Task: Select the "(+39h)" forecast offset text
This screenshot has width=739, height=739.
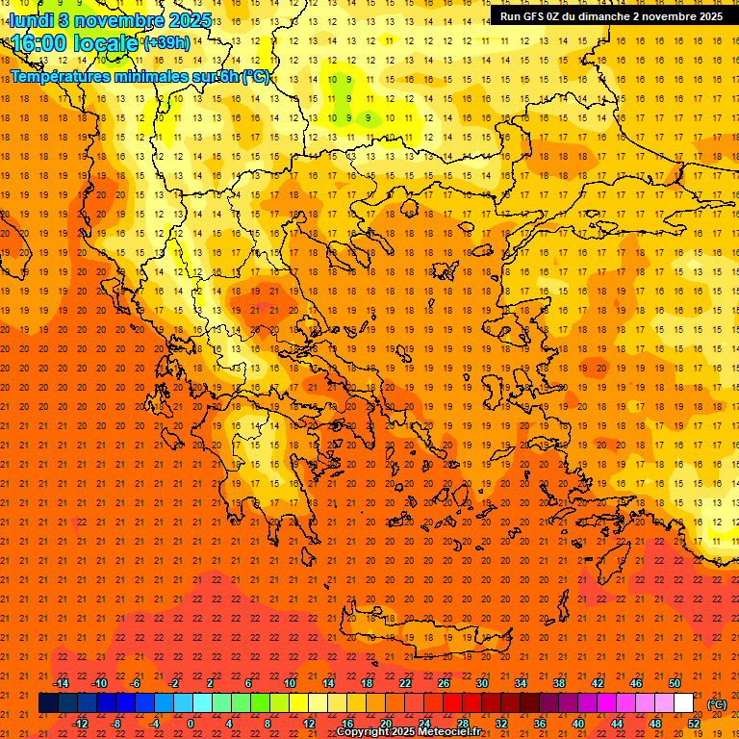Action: tap(166, 43)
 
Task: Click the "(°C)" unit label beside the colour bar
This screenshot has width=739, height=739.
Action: tap(717, 703)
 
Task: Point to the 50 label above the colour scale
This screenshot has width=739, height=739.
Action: tap(675, 683)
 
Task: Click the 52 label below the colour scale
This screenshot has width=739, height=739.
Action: tap(694, 723)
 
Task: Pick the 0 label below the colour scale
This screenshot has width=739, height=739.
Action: tap(191, 723)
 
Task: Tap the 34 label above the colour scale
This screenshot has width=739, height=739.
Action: tap(521, 683)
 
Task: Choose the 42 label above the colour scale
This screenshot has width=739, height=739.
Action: tap(598, 683)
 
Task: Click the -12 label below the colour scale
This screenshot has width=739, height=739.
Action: tap(80, 723)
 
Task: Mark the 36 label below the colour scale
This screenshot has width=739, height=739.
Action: tap(540, 723)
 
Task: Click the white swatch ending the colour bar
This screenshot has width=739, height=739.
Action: tap(684, 702)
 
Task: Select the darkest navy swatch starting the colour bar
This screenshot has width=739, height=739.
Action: tap(48, 702)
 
